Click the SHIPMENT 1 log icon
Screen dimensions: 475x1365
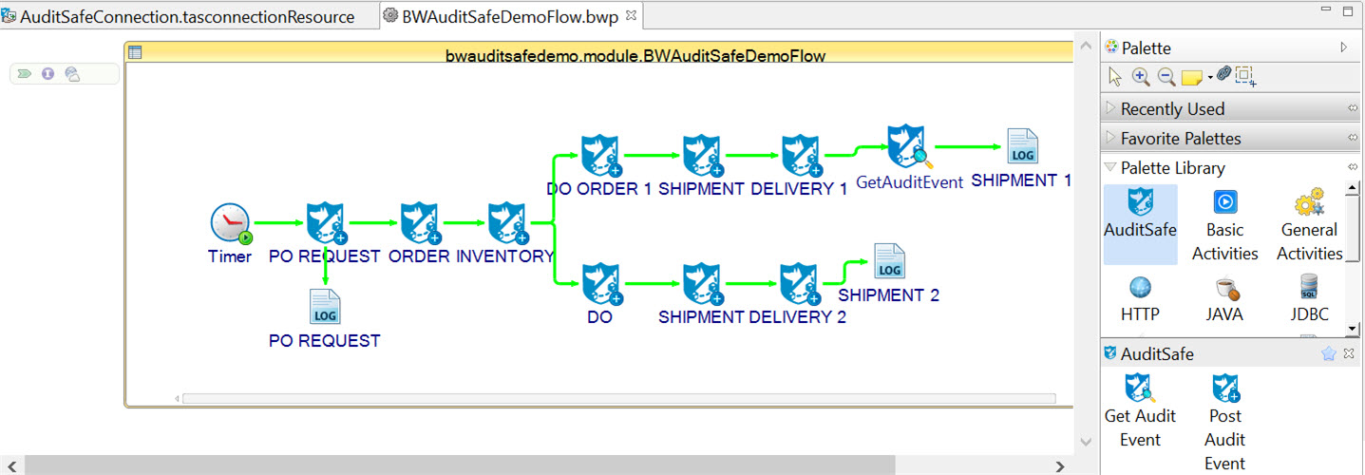tap(1022, 147)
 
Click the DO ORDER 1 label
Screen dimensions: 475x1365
tap(598, 189)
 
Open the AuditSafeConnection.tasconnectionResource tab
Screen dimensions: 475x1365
tap(186, 17)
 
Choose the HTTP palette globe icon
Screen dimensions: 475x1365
tap(1140, 287)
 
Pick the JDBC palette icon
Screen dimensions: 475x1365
tap(1309, 287)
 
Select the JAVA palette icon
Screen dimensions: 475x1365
tap(1224, 287)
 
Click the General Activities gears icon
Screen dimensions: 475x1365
tap(1309, 202)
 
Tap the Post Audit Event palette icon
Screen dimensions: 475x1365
tap(1225, 388)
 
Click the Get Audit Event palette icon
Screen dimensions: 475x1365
tap(1140, 388)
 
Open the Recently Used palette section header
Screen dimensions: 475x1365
tap(1172, 108)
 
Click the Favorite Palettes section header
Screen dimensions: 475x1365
tap(1180, 139)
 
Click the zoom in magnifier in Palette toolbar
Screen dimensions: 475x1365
tap(1141, 77)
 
